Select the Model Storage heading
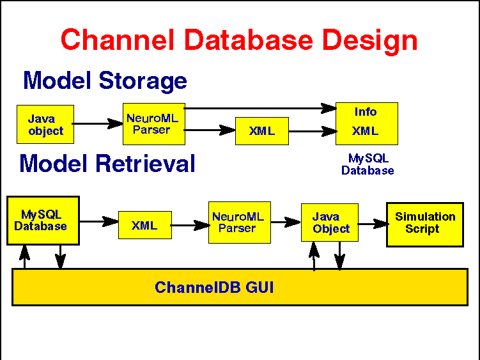coord(105,81)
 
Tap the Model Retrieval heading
coord(107,164)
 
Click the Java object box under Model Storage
coord(45,125)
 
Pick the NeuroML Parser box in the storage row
coord(154,124)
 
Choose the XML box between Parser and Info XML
coord(262,131)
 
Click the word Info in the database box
coord(366,112)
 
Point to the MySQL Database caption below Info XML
coord(368,164)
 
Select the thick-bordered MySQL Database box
coord(43,221)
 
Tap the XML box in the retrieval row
coord(145,225)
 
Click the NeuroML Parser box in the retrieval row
coord(240,223)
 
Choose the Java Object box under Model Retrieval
coord(330,223)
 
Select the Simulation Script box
coord(425,224)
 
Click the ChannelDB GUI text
coord(214,287)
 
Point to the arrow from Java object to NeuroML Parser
coord(98,124)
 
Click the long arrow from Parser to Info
coord(260,108)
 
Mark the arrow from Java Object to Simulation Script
coord(373,224)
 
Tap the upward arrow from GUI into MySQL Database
coord(24,257)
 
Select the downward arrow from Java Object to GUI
coord(340,256)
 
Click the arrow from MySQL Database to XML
coord(99,221)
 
